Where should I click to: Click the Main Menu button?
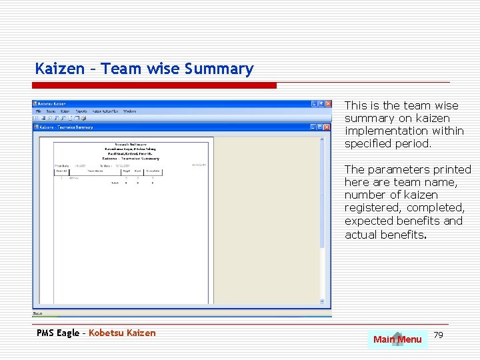click(x=397, y=339)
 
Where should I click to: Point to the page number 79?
click(x=438, y=334)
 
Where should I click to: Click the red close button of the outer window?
click(x=327, y=104)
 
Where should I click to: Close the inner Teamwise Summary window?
click(x=327, y=127)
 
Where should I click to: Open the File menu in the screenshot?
click(x=39, y=111)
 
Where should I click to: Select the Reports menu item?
click(x=81, y=111)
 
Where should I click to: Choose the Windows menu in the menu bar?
click(x=130, y=111)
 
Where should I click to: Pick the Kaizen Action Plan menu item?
click(x=105, y=111)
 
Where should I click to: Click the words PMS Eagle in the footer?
click(x=57, y=333)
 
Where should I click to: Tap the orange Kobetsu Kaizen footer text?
click(x=122, y=333)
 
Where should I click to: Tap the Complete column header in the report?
click(x=153, y=171)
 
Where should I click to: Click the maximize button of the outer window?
click(x=321, y=104)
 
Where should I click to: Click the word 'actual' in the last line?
click(x=360, y=234)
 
